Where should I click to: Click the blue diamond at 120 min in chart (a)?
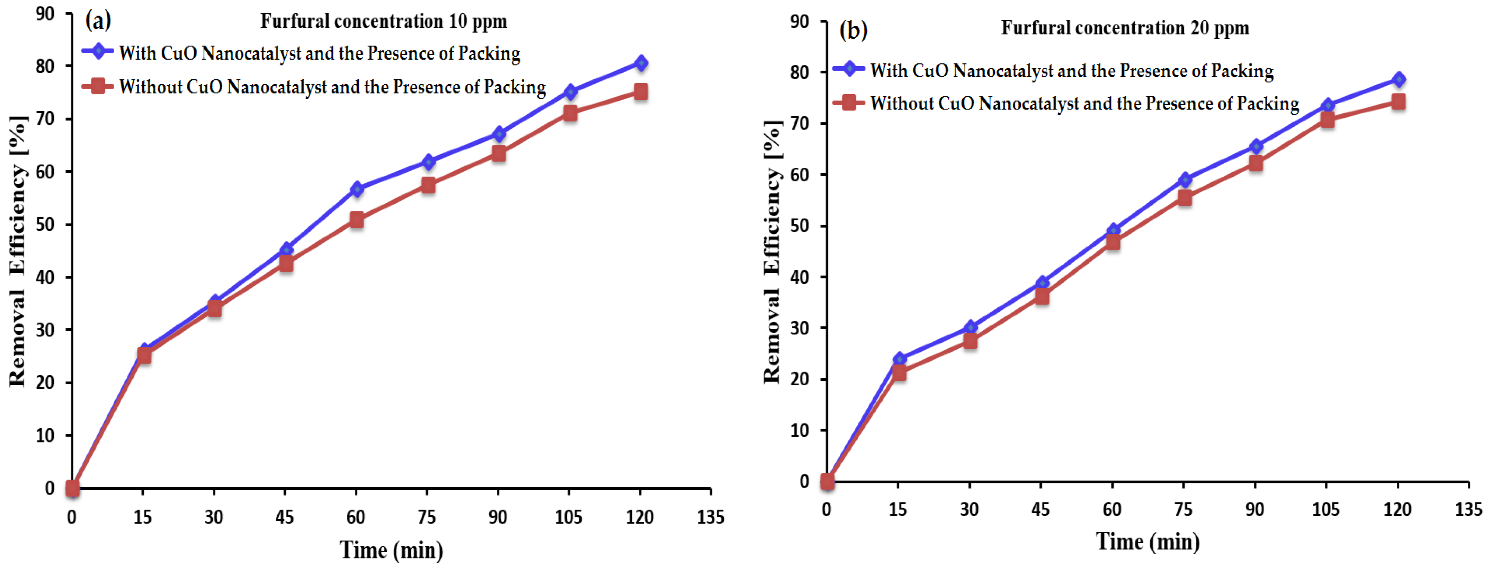[640, 63]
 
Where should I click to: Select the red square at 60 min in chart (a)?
[357, 220]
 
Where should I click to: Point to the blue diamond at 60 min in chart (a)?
[357, 190]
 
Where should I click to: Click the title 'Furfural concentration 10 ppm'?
[383, 21]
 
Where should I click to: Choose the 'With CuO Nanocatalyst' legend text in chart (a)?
[320, 53]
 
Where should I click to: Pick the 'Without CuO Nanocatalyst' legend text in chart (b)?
[1084, 104]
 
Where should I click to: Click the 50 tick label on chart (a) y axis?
[45, 224]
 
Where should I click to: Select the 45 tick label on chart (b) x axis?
[1040, 509]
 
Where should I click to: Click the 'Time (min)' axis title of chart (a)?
[391, 550]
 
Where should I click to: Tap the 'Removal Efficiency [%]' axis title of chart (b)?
[772, 252]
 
